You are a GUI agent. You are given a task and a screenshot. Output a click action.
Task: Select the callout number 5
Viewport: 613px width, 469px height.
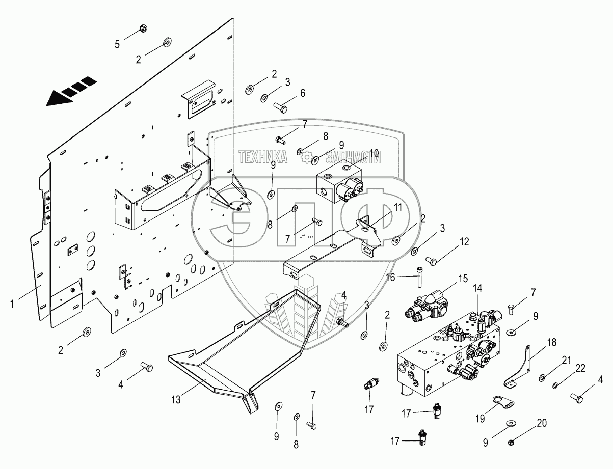pyautogui.click(x=117, y=44)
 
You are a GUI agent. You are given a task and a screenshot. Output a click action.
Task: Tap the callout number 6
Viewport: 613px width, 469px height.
pyautogui.click(x=302, y=93)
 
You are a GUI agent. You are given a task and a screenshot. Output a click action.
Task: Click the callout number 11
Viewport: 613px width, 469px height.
pyautogui.click(x=397, y=207)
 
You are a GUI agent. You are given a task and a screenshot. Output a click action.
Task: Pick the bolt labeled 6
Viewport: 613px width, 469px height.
pyautogui.click(x=280, y=108)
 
